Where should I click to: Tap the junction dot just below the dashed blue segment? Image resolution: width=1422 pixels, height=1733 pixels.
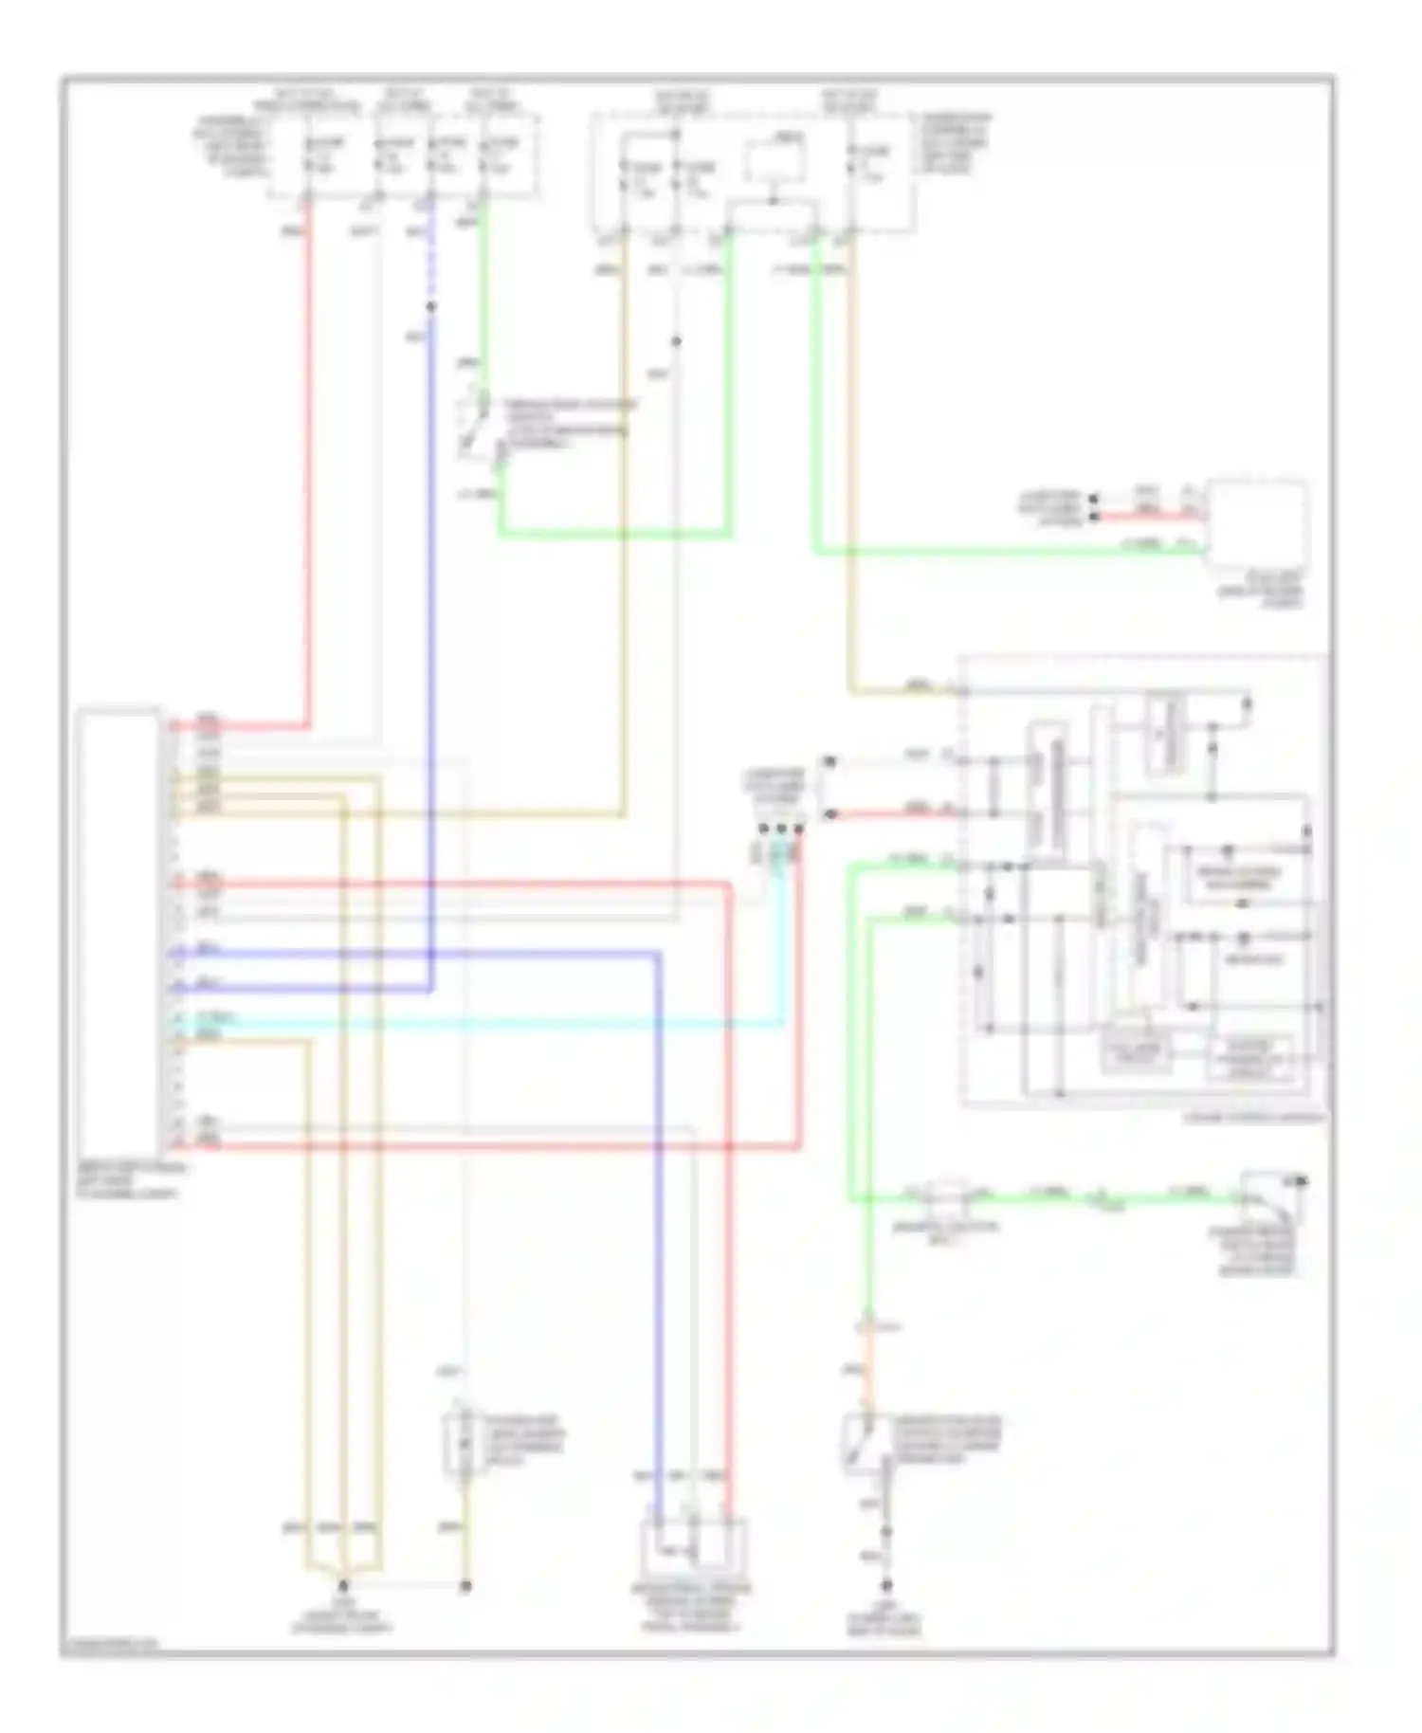click(x=430, y=307)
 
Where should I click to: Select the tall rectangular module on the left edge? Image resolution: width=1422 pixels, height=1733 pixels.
click(x=119, y=929)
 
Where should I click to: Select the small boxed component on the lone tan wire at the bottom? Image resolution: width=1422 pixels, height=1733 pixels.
click(x=461, y=1445)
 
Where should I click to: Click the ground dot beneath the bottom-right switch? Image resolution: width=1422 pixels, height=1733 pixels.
click(x=886, y=1585)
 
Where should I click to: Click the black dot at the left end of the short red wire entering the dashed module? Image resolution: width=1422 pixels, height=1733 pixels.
click(x=830, y=813)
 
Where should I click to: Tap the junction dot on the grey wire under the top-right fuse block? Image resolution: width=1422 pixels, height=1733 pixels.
click(x=676, y=341)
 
